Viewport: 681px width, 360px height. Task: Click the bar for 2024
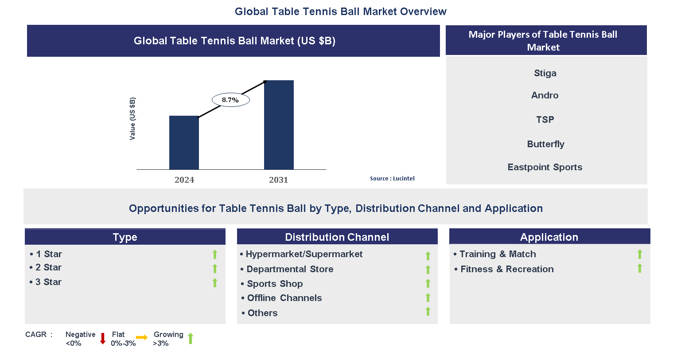click(x=184, y=142)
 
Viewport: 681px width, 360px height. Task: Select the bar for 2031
click(x=279, y=125)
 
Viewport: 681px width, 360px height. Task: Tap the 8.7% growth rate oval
click(x=230, y=100)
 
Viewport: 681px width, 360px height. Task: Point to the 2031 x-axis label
click(x=278, y=180)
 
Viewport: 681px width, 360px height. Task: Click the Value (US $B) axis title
click(x=132, y=118)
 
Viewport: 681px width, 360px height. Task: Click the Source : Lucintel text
click(x=392, y=178)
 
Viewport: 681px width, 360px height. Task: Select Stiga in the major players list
click(x=545, y=73)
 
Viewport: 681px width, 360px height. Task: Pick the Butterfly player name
click(x=545, y=144)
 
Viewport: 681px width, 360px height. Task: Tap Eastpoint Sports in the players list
click(x=545, y=167)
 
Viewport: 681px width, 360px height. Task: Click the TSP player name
click(x=545, y=119)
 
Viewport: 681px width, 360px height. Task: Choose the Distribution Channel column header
click(x=337, y=237)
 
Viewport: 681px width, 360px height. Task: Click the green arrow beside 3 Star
click(x=215, y=282)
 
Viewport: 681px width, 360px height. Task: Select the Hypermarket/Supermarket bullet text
click(x=304, y=254)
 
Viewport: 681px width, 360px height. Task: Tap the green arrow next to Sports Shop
click(x=428, y=283)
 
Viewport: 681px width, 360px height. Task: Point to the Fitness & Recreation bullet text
click(x=507, y=269)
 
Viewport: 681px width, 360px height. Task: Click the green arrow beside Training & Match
click(x=640, y=254)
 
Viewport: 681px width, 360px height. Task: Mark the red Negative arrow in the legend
click(x=103, y=338)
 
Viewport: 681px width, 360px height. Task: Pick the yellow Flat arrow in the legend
click(x=142, y=338)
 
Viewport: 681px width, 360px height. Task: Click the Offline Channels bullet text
click(x=284, y=298)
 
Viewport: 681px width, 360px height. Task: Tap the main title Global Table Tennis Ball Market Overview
click(x=340, y=12)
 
